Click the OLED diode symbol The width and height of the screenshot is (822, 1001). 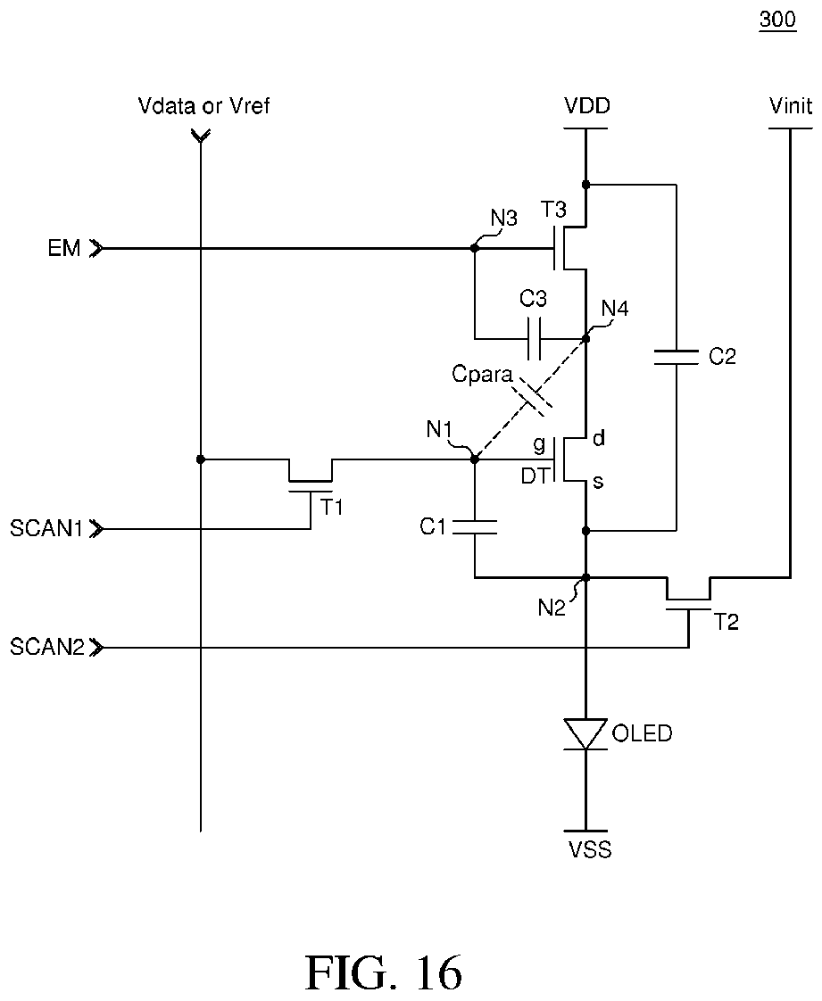coord(585,734)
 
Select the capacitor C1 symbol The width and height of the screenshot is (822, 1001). coord(474,527)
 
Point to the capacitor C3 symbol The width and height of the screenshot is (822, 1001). coord(535,338)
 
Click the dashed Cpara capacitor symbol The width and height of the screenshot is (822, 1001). coord(534,396)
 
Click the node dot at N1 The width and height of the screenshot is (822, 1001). coord(474,459)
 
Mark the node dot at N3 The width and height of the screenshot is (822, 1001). coord(474,248)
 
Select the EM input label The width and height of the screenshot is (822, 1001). coord(64,248)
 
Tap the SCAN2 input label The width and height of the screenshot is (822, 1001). coord(47,648)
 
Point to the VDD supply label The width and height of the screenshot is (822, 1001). coord(587,105)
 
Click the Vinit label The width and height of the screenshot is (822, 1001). coord(791,105)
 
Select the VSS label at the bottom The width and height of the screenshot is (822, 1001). coord(590,849)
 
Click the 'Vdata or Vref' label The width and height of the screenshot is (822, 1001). coord(203,105)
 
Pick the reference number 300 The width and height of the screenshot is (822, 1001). coord(778,19)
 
